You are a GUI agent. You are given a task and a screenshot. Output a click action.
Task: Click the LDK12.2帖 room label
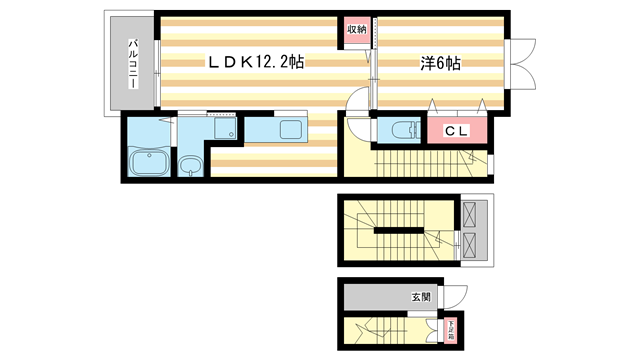pyautogui.click(x=256, y=62)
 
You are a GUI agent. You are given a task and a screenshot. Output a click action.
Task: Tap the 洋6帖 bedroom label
pyautogui.click(x=439, y=63)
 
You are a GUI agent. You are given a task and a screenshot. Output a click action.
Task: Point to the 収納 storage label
pyautogui.click(x=357, y=30)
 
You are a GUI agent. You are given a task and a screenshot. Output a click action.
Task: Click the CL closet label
pyautogui.click(x=457, y=130)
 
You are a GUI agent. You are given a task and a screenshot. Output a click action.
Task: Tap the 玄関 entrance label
pyautogui.click(x=420, y=297)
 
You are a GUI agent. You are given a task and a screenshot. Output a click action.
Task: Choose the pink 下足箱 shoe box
pyautogui.click(x=451, y=329)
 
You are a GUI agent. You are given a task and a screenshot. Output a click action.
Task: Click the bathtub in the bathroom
pyautogui.click(x=150, y=161)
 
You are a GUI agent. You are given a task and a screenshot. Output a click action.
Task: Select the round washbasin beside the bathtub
pyautogui.click(x=190, y=165)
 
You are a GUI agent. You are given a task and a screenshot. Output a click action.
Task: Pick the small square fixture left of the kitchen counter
pyautogui.click(x=230, y=134)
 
